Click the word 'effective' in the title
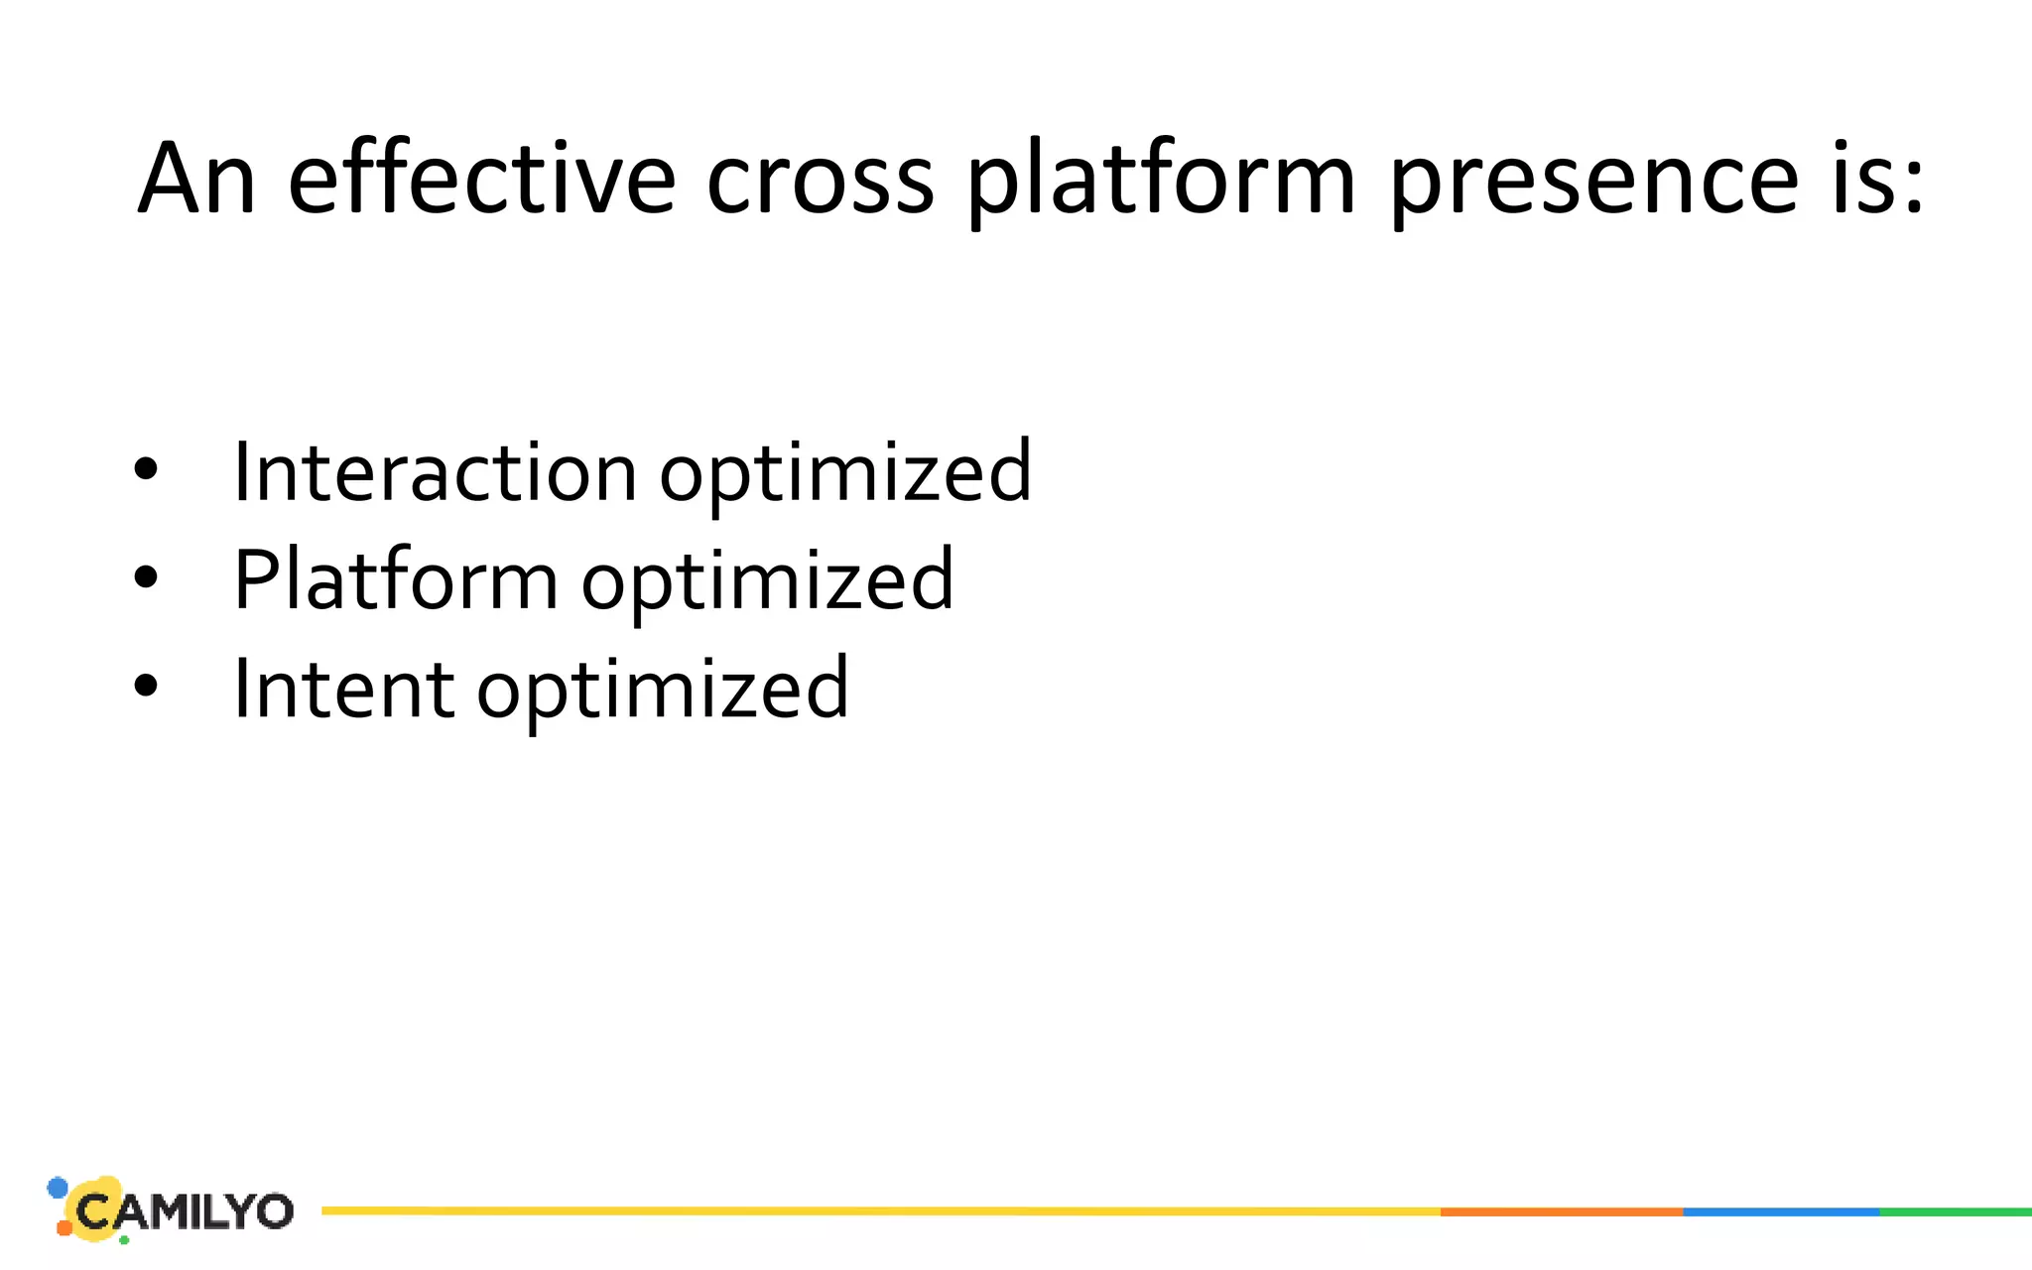coord(481,179)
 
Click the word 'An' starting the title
coord(196,179)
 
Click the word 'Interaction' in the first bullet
coord(435,472)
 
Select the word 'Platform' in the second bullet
coord(395,580)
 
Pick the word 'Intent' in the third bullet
coord(343,689)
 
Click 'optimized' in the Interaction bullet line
coord(845,474)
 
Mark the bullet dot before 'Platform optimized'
coord(146,577)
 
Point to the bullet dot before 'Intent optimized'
coord(146,686)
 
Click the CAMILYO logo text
coord(185,1211)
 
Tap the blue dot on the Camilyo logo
coord(58,1188)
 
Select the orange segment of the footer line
coord(1561,1211)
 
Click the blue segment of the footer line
coord(1781,1211)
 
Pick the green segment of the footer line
coord(1956,1211)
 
